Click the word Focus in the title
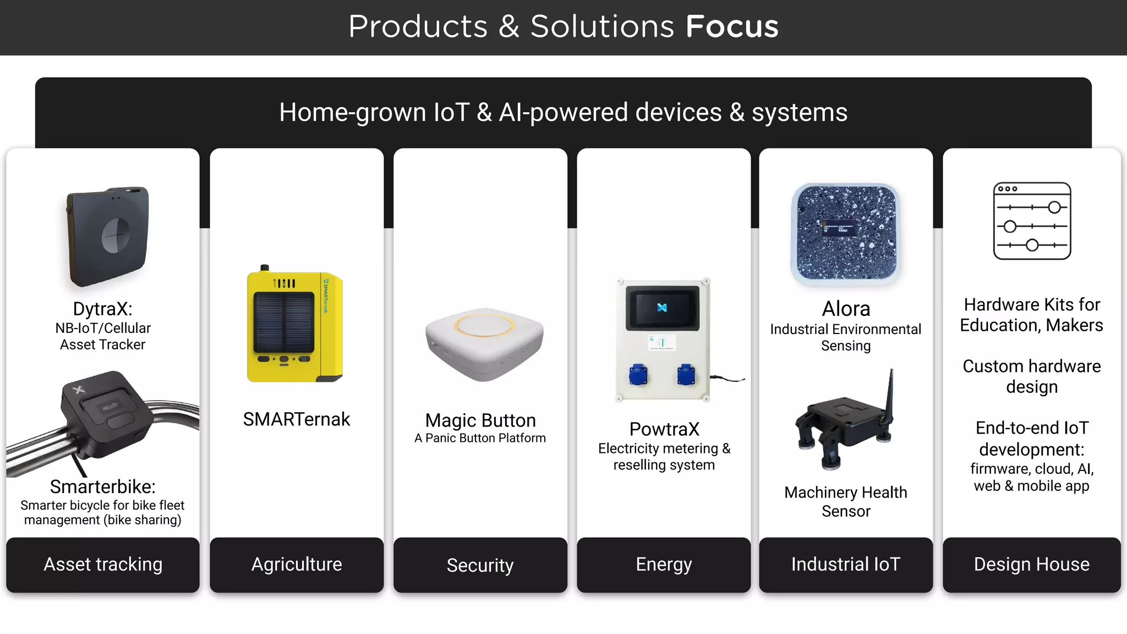[732, 26]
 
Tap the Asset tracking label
[103, 565]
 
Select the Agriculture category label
[297, 565]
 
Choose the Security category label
[480, 565]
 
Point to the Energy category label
[664, 565]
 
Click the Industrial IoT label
[846, 565]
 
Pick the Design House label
[1031, 565]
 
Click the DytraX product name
[103, 309]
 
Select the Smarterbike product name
[103, 487]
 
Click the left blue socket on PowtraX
[638, 375]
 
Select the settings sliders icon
[1032, 221]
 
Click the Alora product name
[846, 309]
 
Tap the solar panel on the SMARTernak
[284, 323]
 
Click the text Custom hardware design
[1032, 376]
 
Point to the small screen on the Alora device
[840, 228]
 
